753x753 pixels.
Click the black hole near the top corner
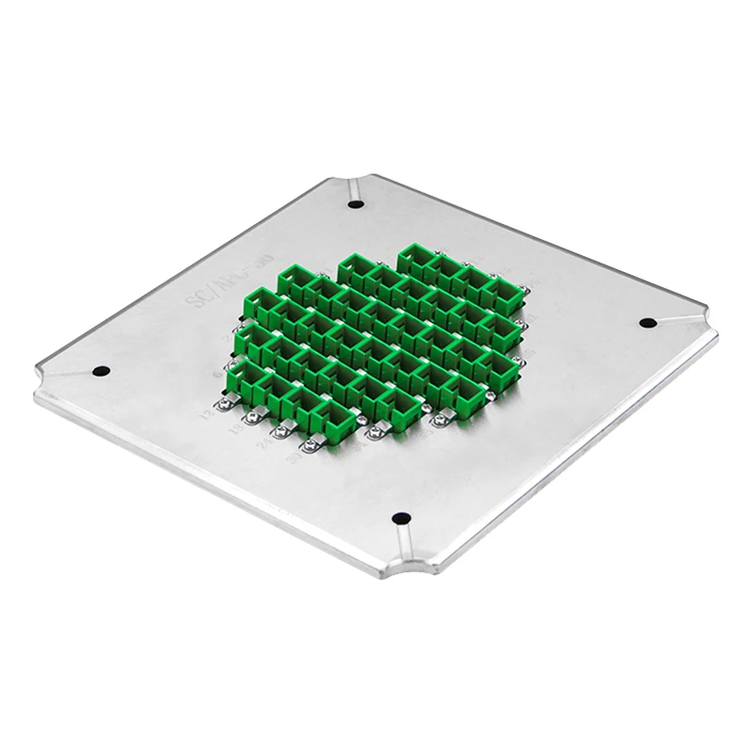point(355,201)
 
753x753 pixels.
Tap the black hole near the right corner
point(648,322)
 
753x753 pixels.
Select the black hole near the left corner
point(102,370)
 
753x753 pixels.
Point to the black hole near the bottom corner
point(400,517)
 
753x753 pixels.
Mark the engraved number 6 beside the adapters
point(222,374)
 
